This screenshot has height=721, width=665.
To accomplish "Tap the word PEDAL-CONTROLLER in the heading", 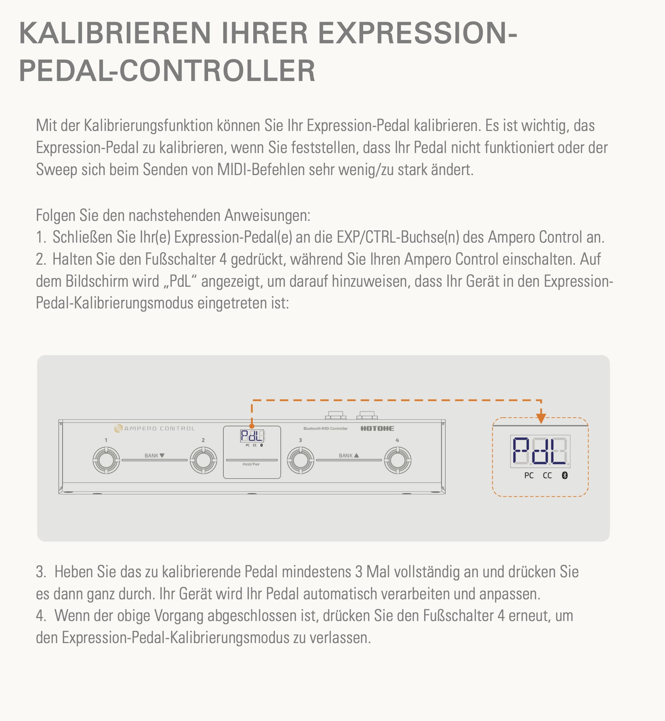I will (x=167, y=71).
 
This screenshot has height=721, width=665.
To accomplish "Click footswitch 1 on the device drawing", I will (x=106, y=460).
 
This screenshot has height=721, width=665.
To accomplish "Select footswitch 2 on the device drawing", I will (x=203, y=460).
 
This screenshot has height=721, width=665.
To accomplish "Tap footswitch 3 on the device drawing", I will (x=301, y=460).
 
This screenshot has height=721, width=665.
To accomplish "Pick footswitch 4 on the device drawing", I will (x=398, y=460).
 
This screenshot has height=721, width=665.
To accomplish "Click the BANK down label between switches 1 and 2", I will (x=154, y=455).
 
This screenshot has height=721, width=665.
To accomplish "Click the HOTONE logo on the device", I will (x=377, y=428).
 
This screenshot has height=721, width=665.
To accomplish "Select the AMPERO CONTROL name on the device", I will (x=159, y=428).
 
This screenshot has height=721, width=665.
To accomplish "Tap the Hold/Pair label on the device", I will (x=251, y=464).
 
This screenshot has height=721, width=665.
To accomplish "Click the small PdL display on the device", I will (x=252, y=436).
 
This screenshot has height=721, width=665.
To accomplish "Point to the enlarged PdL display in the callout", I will (x=540, y=451).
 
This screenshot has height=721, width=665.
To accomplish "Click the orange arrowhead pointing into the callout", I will (x=541, y=418).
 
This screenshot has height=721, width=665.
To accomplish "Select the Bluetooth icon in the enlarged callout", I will (x=565, y=475).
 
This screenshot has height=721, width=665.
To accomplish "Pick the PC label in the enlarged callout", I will (x=529, y=475).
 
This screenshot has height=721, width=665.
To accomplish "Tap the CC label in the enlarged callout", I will (x=547, y=475).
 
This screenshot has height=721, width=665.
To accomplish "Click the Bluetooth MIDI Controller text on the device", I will (x=326, y=428).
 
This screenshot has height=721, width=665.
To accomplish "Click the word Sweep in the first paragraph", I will (x=56, y=170).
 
